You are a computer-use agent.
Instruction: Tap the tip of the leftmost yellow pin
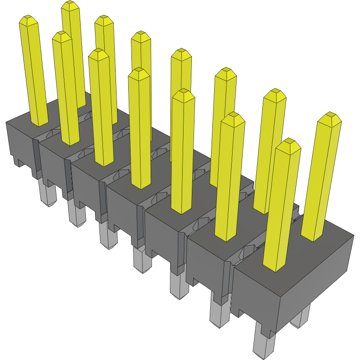(28, 20)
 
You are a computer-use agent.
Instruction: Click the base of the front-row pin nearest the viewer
(274, 265)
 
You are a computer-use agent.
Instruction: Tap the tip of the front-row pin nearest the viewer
(289, 145)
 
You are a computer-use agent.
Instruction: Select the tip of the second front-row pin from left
(62, 36)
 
